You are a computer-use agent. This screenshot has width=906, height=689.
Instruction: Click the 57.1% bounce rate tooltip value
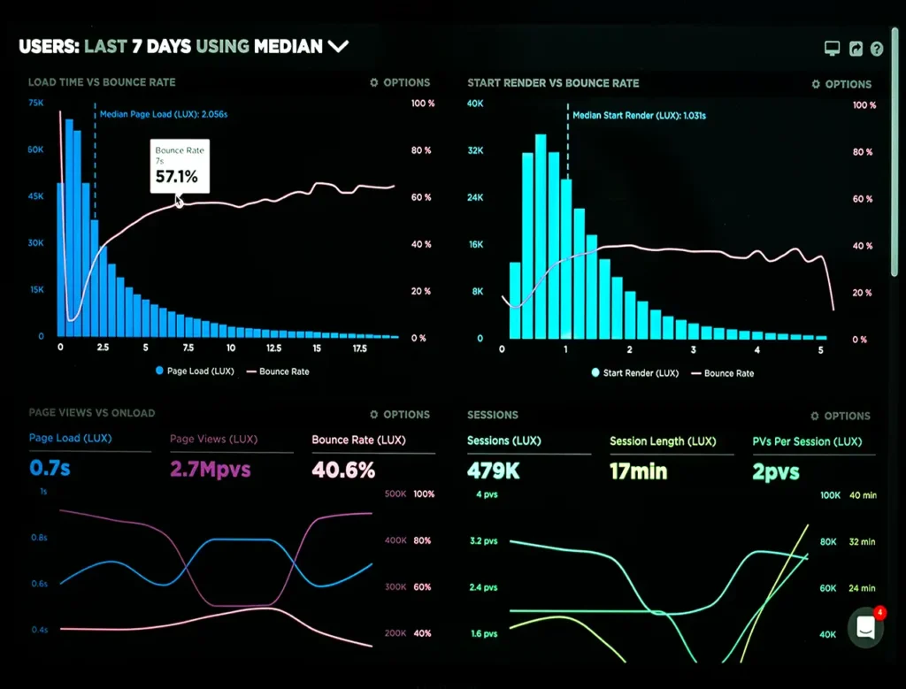pos(177,177)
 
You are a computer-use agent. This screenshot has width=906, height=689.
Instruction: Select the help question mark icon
pos(877,50)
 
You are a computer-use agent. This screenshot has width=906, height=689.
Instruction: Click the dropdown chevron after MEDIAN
pos(338,46)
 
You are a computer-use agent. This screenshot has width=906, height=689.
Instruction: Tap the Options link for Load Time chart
pos(400,82)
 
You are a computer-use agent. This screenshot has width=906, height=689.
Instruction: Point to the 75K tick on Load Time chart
pos(35,103)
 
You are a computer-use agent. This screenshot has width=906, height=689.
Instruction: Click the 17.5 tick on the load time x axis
pos(359,349)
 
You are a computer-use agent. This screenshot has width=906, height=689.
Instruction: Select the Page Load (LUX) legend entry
pos(195,371)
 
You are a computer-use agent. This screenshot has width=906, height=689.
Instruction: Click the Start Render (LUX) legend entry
pos(634,373)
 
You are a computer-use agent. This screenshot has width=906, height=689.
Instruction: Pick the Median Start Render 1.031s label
pos(639,115)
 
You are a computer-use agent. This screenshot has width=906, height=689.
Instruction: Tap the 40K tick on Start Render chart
pos(475,103)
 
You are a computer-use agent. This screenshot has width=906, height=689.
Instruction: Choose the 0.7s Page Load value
pos(50,468)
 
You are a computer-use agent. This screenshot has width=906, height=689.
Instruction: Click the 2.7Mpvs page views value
pos(210,469)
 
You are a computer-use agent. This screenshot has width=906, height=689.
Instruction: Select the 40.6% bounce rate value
pos(343,469)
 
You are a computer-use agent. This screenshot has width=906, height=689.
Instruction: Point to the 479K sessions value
pos(494,471)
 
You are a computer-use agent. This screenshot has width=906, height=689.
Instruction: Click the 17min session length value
pos(639,471)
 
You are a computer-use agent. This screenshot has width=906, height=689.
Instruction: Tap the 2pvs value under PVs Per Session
pos(776,471)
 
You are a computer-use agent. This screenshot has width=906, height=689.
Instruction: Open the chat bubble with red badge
pos(866,627)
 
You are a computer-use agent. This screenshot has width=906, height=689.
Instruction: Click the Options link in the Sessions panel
pos(841,416)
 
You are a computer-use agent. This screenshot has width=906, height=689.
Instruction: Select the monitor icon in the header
pos(832,50)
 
